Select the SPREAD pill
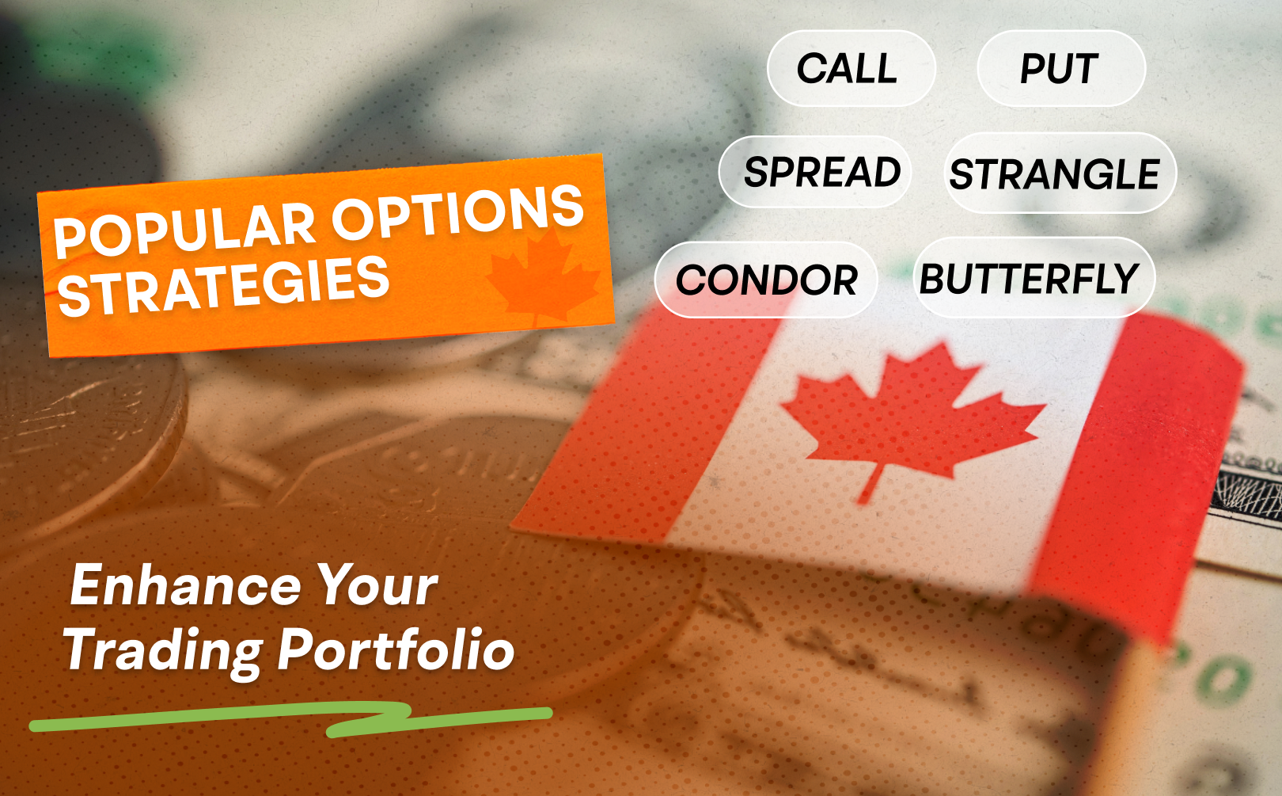pyautogui.click(x=815, y=172)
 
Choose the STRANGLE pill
pyautogui.click(x=1060, y=173)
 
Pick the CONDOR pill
pyautogui.click(x=766, y=280)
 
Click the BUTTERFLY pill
pyautogui.click(x=1034, y=278)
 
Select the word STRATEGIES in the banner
pyautogui.click(x=224, y=286)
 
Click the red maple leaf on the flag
pyautogui.click(x=910, y=418)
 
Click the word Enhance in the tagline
pyautogui.click(x=185, y=585)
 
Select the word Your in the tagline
pyautogui.click(x=377, y=585)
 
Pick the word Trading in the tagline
pyautogui.click(x=164, y=651)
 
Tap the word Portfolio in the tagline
pyautogui.click(x=396, y=650)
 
